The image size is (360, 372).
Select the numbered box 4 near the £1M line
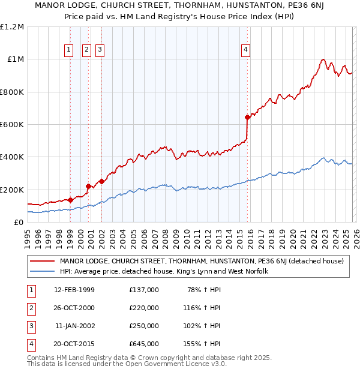246,50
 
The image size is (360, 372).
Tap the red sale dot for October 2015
247,117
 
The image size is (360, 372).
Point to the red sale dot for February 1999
71,200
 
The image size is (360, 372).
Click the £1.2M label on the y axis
12,27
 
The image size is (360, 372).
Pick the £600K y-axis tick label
12,125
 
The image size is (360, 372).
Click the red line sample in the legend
42,261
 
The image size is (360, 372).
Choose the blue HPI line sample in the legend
42,272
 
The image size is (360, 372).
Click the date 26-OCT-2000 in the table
74,308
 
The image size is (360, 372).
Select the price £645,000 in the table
144,344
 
